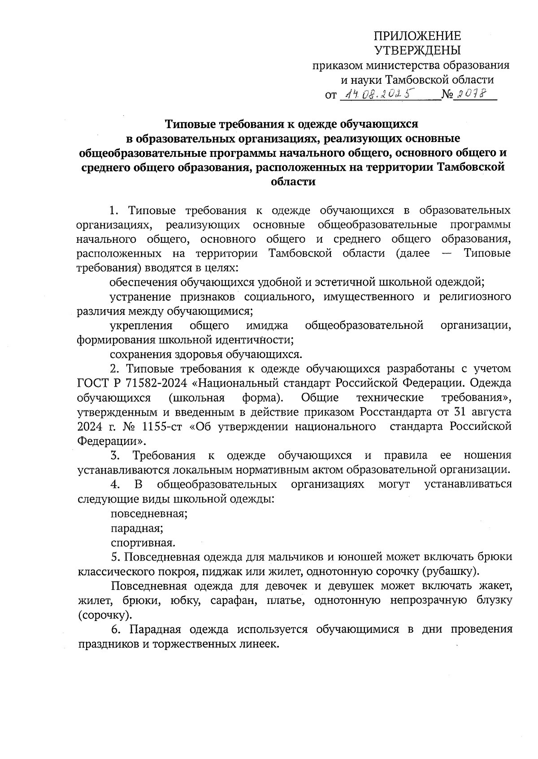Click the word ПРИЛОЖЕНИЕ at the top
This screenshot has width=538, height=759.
[x=417, y=36]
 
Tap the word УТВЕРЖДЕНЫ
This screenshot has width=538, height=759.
[x=417, y=50]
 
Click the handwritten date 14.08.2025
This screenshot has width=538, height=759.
[x=377, y=94]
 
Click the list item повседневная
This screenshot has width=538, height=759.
[x=149, y=513]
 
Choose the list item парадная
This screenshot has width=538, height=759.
[x=137, y=528]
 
